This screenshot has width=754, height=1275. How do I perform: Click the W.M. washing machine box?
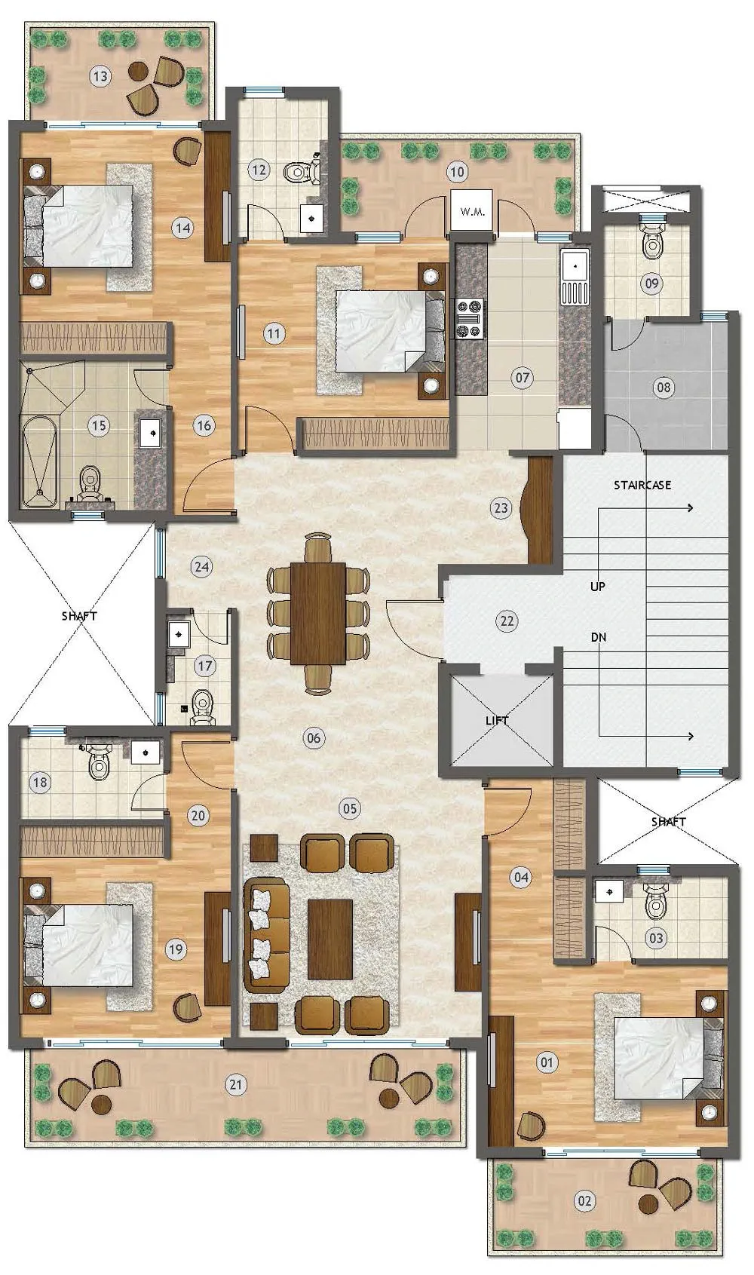[472, 210]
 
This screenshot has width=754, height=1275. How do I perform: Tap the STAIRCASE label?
[642, 485]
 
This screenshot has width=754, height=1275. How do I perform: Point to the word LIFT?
[497, 721]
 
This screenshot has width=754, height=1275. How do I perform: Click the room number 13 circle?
[100, 75]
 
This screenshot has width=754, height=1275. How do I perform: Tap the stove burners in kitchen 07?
[470, 319]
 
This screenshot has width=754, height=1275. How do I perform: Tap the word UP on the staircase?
[597, 587]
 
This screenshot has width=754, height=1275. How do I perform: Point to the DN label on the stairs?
[598, 638]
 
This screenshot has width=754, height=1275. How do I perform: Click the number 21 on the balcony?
[235, 1085]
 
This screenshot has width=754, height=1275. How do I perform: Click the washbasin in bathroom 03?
[609, 892]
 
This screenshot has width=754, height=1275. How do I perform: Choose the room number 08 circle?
[664, 388]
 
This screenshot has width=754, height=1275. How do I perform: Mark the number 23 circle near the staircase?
[501, 507]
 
